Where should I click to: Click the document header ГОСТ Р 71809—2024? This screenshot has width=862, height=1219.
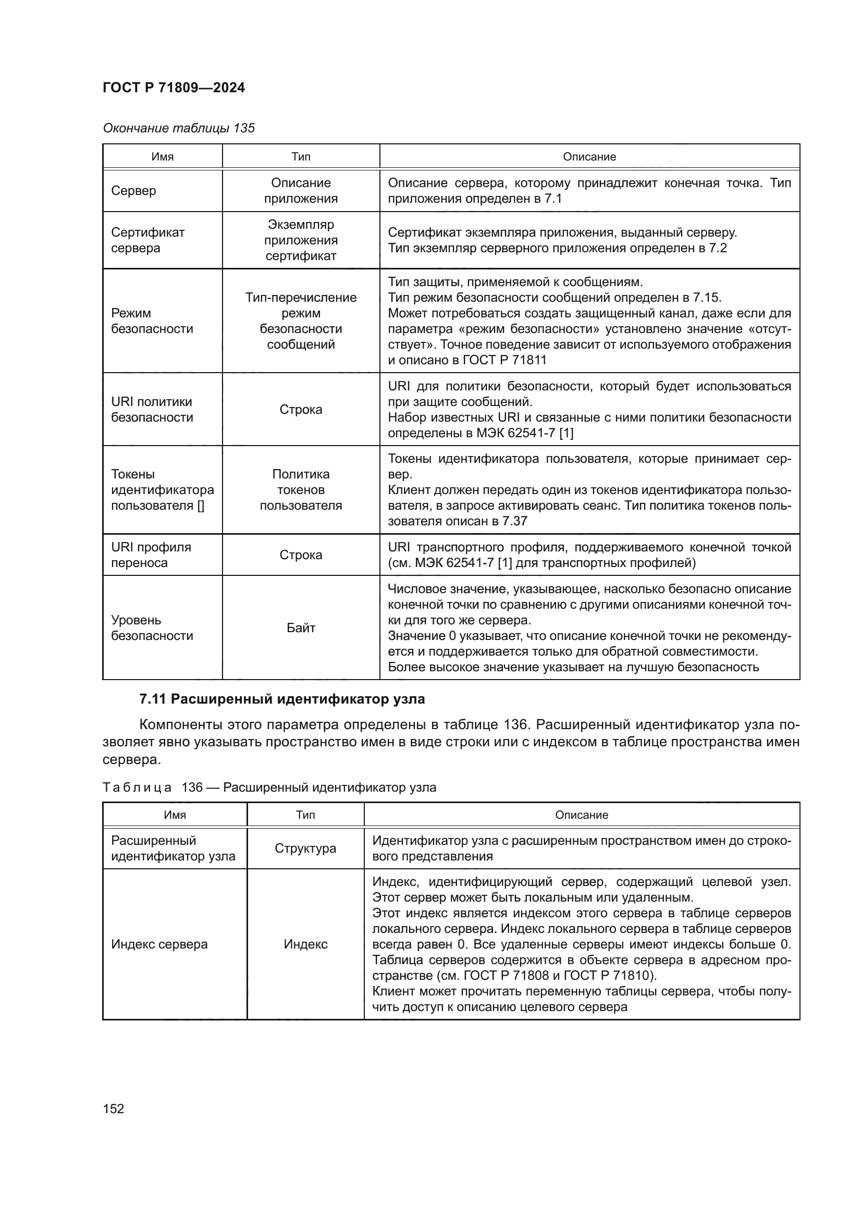point(174,88)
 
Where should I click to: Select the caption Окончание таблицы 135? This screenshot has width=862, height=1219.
point(178,128)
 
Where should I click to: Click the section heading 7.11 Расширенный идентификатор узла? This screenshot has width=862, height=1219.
point(282,699)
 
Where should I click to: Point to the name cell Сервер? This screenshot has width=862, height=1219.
point(134,191)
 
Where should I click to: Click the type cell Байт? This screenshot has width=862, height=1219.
point(301,627)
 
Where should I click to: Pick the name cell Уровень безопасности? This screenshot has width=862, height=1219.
point(152,627)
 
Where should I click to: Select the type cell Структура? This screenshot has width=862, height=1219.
point(305,848)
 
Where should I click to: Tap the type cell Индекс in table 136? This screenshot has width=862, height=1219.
point(305,944)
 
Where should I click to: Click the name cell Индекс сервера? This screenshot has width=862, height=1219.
point(159,944)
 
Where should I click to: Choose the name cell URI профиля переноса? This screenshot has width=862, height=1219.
point(151,555)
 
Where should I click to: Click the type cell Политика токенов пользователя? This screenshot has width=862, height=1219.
point(301,489)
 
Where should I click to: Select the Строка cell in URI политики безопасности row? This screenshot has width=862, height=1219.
point(301,409)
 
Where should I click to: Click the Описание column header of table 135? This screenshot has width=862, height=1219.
point(589,157)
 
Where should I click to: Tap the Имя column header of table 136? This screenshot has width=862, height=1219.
point(175,815)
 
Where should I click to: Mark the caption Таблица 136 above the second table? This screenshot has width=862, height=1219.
point(269,787)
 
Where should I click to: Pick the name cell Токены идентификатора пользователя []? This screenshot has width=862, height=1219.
point(162,489)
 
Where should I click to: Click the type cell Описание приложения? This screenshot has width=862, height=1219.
point(301,191)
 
